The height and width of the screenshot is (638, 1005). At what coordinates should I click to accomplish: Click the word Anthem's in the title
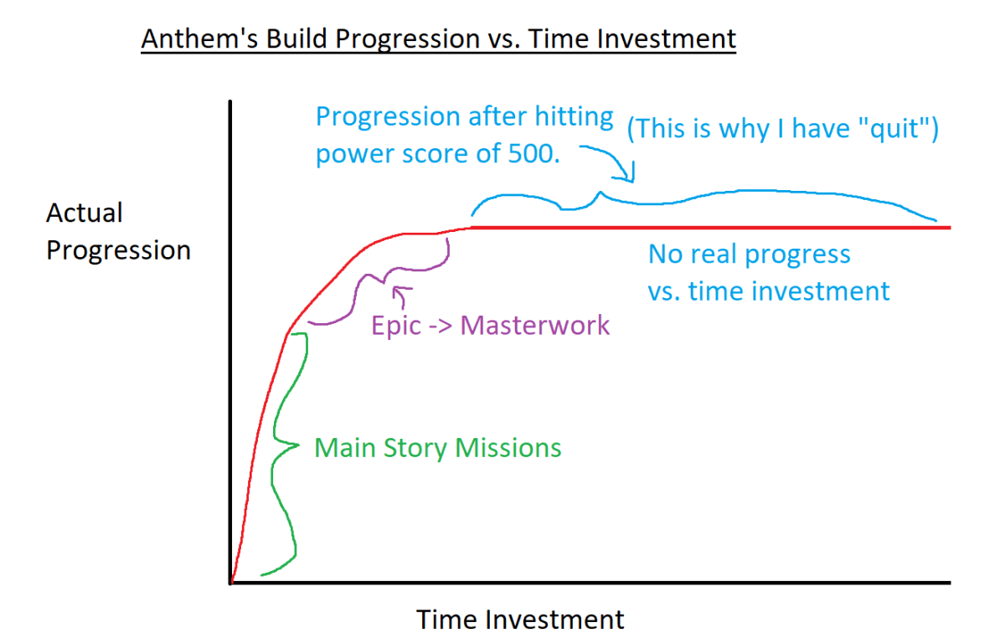[x=199, y=39]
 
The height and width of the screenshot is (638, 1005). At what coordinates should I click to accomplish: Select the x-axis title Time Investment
[x=520, y=620]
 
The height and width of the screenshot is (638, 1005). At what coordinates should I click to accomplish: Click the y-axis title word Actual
[x=85, y=213]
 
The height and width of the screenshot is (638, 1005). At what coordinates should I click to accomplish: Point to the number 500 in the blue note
[x=534, y=154]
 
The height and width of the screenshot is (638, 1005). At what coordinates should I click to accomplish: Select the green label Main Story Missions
[x=438, y=448]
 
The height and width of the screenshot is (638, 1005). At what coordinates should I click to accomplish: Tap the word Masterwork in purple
[x=535, y=326]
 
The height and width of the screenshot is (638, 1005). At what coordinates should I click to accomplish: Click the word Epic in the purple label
[x=396, y=326]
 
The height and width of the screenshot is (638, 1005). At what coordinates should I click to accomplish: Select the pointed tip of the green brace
[x=298, y=445]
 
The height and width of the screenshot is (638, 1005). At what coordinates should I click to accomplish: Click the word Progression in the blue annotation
[x=388, y=116]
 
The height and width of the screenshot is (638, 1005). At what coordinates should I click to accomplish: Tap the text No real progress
[x=750, y=255]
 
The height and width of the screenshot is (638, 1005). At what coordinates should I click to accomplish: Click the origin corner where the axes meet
[x=231, y=583]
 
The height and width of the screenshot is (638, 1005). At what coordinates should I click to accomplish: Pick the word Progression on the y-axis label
[x=118, y=250]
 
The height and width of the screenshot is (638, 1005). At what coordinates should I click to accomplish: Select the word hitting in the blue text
[x=574, y=116]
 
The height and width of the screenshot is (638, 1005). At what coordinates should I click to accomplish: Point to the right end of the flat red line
[x=950, y=228]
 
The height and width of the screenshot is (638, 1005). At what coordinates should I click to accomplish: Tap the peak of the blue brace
[x=600, y=193]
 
